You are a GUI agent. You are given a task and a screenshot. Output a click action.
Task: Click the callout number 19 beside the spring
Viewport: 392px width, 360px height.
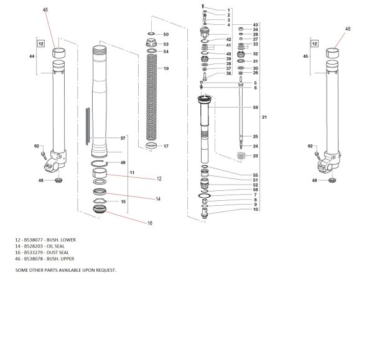(x=166, y=68)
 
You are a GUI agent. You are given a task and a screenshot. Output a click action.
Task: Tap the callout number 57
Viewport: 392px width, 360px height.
(x=123, y=137)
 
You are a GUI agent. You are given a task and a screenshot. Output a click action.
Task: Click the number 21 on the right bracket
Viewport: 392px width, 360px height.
(x=264, y=117)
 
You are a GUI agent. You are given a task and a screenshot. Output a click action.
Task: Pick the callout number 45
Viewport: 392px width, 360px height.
(x=304, y=56)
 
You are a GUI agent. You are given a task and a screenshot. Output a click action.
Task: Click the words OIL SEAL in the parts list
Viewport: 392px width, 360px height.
(x=57, y=246)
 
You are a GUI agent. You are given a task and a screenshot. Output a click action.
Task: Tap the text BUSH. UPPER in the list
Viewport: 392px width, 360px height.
(x=62, y=258)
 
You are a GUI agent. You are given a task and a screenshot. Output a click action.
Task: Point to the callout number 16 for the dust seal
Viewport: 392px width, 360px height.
(x=149, y=223)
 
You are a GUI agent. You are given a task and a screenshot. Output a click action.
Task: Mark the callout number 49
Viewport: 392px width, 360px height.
(x=123, y=162)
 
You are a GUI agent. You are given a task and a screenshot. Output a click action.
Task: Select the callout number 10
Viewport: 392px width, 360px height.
(x=238, y=210)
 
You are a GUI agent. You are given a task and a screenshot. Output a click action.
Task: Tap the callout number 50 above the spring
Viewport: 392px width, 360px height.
(x=166, y=34)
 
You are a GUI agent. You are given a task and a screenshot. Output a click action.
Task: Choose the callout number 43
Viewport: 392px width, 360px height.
(x=255, y=25)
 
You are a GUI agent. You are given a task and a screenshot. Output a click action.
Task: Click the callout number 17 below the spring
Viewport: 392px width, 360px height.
(x=166, y=146)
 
